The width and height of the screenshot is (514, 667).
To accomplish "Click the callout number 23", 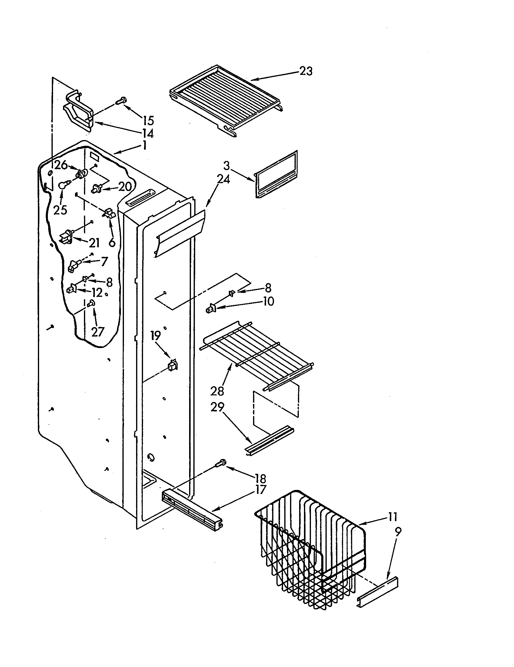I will click(306, 71).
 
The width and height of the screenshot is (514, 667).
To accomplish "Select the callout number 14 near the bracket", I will click(148, 133).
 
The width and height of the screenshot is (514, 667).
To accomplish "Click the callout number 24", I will click(223, 179).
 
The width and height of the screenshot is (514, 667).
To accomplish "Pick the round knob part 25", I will click(63, 185).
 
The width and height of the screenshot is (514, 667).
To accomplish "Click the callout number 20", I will click(125, 186).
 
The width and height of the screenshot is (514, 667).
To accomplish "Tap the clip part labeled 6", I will click(109, 213).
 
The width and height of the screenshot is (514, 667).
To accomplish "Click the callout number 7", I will click(104, 261).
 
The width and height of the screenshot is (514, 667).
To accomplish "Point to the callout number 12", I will click(97, 293).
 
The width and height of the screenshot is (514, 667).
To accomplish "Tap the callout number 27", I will click(98, 332).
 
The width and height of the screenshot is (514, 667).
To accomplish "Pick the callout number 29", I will click(217, 407).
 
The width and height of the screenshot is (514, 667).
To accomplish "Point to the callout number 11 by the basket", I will click(392, 517).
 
